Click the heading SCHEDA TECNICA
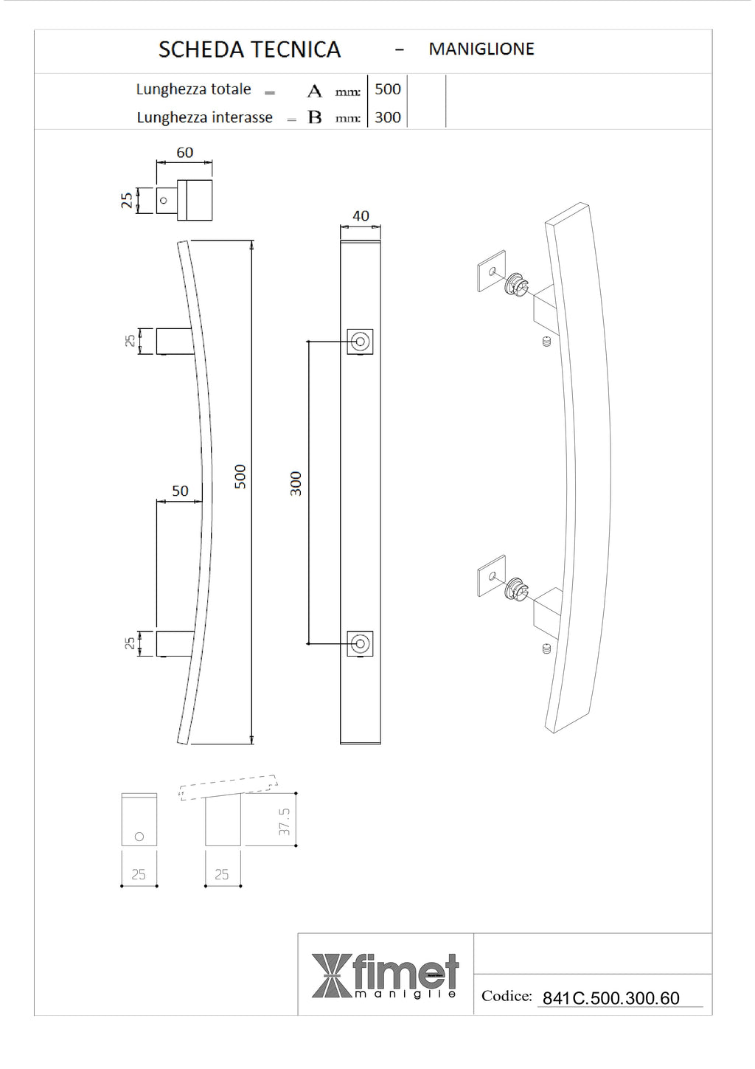click(249, 49)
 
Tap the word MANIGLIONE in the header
click(481, 49)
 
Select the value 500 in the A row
click(388, 89)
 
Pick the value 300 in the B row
click(388, 117)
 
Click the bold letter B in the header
click(315, 117)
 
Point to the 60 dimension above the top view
click(185, 153)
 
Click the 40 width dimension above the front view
click(361, 216)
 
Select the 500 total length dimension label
click(240, 477)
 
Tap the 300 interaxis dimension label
click(296, 484)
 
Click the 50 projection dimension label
click(180, 491)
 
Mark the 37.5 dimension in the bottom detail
click(285, 821)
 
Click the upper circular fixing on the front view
click(360, 342)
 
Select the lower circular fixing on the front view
click(360, 644)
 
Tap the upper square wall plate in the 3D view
click(492, 271)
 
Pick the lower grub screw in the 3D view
click(546, 648)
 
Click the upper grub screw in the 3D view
click(546, 342)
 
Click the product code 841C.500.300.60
click(610, 998)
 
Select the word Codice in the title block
click(507, 996)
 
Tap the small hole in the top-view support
click(164, 200)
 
